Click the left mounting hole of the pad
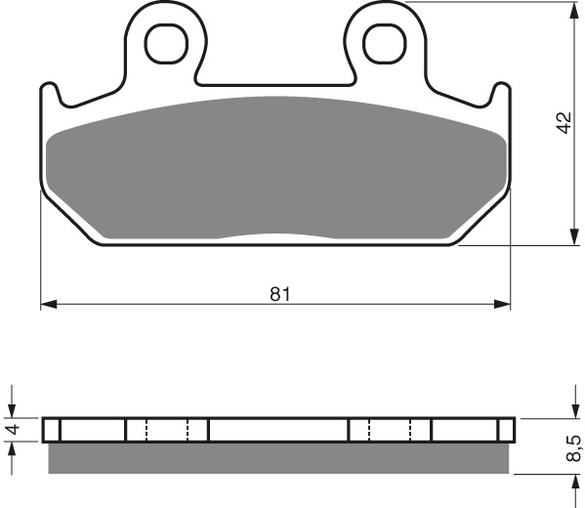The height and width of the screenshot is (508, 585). (x=167, y=40)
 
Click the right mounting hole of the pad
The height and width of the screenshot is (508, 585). (x=382, y=40)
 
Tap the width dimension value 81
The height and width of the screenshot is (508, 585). (x=280, y=294)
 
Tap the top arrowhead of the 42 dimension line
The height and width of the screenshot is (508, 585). (x=571, y=9)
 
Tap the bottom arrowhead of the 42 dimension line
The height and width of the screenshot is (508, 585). (x=571, y=238)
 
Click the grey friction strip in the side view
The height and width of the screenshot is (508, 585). (x=278, y=457)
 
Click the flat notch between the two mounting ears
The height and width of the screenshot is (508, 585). (x=274, y=80)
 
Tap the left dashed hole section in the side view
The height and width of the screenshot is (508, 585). (x=166, y=430)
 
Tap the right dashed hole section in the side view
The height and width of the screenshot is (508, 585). (x=391, y=430)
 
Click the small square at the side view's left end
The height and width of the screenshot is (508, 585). (x=52, y=430)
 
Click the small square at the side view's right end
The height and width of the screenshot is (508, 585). (x=506, y=430)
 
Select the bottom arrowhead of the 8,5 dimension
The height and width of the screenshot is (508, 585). (x=571, y=482)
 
